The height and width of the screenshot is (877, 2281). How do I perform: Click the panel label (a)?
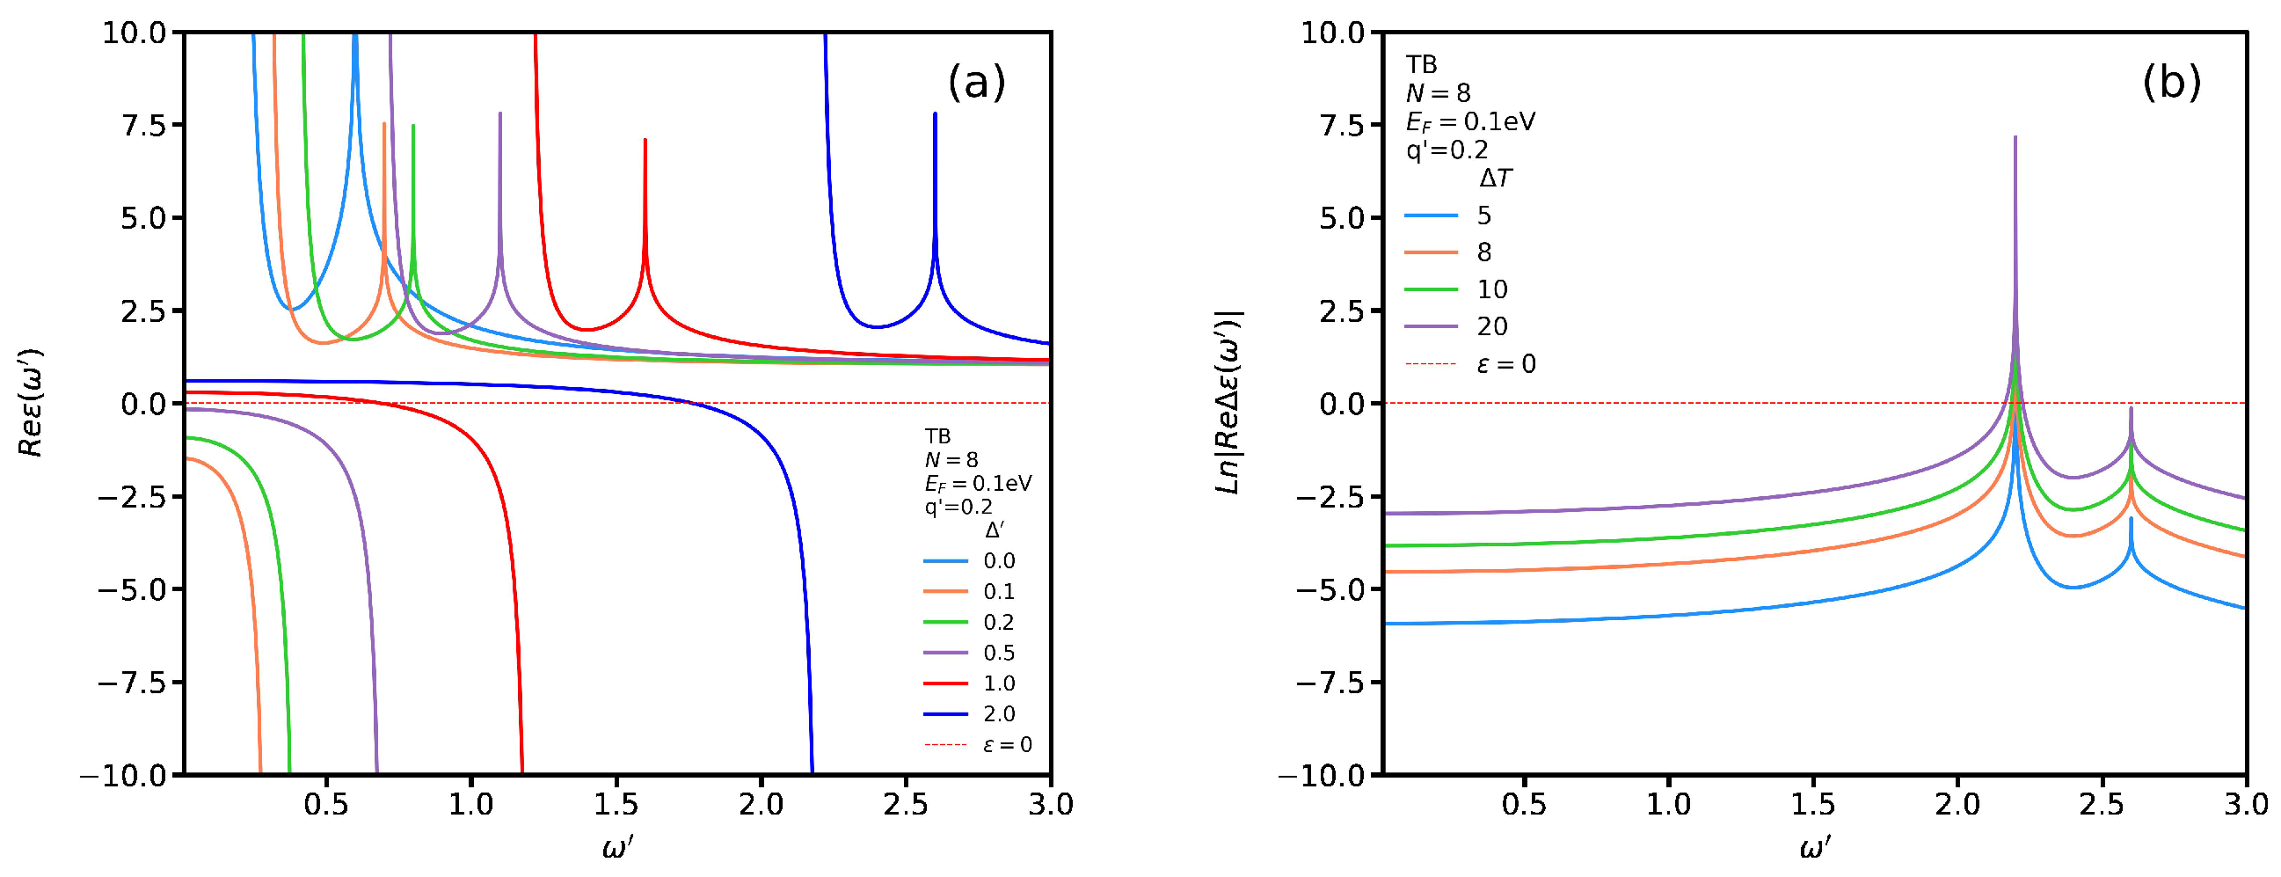coord(977,83)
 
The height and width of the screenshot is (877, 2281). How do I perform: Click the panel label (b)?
coord(2171,83)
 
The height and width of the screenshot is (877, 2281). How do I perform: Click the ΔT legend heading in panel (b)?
coord(1496,179)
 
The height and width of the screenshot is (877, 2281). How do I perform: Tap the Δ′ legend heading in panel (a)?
coord(995,530)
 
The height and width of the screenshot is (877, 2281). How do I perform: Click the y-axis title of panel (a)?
coord(31,403)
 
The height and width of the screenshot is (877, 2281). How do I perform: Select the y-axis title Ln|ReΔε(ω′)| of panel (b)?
coord(1230,403)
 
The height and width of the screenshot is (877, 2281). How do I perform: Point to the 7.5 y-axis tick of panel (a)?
coord(143,126)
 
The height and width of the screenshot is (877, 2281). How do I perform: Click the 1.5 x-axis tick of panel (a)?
coord(616,804)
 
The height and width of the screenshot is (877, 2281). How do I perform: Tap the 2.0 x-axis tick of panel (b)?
coord(1957,804)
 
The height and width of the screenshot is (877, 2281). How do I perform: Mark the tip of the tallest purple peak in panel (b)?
coord(2015,137)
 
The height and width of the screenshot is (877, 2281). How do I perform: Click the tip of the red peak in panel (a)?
coord(645,140)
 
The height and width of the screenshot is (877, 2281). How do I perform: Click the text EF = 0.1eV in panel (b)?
coord(1470,121)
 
